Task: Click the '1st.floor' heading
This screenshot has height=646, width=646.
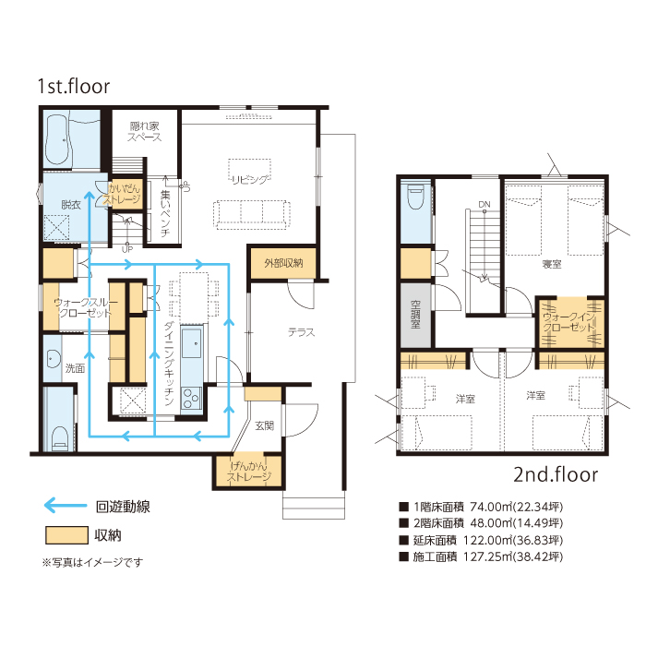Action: click(74, 87)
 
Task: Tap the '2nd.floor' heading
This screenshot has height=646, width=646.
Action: click(556, 474)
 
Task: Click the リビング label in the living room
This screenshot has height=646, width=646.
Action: click(251, 180)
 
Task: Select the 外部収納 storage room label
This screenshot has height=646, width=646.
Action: click(283, 263)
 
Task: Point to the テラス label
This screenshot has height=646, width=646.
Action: click(301, 332)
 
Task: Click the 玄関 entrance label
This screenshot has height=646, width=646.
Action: click(265, 425)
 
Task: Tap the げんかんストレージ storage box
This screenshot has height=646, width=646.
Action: click(249, 472)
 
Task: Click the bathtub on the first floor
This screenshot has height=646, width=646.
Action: click(57, 140)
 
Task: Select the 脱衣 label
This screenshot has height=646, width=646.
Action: click(71, 205)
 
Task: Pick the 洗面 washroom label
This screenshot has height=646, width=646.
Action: click(75, 368)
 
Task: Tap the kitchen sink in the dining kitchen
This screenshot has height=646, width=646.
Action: click(192, 342)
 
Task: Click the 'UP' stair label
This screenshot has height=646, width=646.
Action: click(127, 249)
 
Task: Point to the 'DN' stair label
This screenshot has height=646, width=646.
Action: click(484, 204)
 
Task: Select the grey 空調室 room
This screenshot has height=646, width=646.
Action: click(415, 315)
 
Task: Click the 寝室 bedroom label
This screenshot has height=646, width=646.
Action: click(552, 264)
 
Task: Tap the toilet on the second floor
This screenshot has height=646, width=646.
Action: click(415, 197)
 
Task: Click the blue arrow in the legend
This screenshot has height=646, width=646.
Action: click(66, 505)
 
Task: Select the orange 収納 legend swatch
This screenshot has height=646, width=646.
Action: click(66, 535)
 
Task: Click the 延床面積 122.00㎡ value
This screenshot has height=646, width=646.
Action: click(488, 540)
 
